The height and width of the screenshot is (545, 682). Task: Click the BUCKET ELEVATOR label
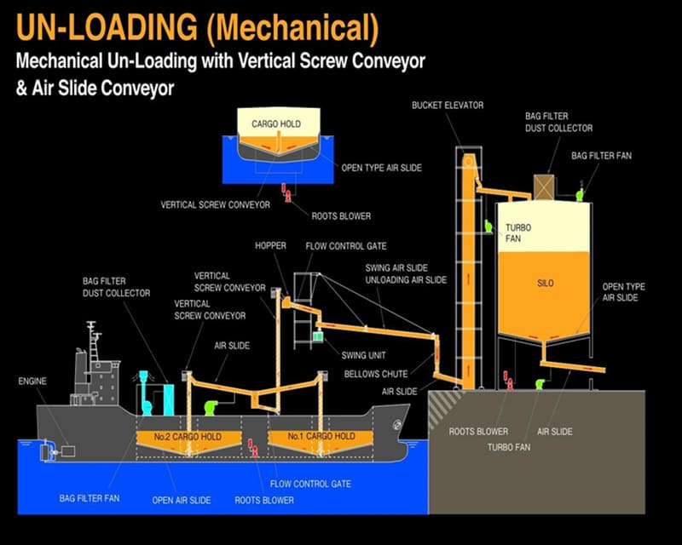tap(448, 106)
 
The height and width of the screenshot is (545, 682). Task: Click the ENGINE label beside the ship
tap(32, 381)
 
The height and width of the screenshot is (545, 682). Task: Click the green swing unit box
tap(318, 337)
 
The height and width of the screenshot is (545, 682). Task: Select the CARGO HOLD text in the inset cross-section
tap(276, 124)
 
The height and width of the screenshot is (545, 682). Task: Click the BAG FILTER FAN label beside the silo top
tap(602, 156)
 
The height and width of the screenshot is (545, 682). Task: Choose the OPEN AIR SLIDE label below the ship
tap(182, 500)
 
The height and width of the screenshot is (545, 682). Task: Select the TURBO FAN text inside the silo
tap(518, 233)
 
